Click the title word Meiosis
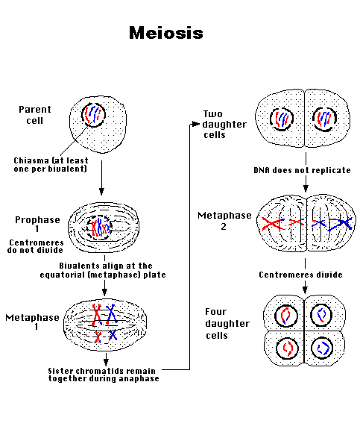[x=166, y=33]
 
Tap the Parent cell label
[x=35, y=115]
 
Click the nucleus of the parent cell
[x=94, y=115]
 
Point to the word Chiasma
[x=31, y=160]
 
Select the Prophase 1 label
[x=37, y=224]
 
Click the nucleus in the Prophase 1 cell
[x=99, y=228]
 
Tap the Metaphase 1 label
[x=33, y=322]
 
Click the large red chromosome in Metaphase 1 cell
[x=97, y=315]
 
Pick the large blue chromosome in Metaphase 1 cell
[x=111, y=314]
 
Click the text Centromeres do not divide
[x=36, y=246]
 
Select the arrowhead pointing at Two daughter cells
[x=196, y=124]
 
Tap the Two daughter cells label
[x=224, y=125]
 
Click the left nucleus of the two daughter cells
[x=282, y=119]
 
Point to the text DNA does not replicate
[x=302, y=170]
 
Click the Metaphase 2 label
[x=224, y=221]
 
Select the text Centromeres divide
[x=300, y=275]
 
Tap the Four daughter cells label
[x=227, y=324]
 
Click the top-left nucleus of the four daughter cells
[x=286, y=316]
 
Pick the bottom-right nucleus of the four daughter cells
[x=322, y=348]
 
